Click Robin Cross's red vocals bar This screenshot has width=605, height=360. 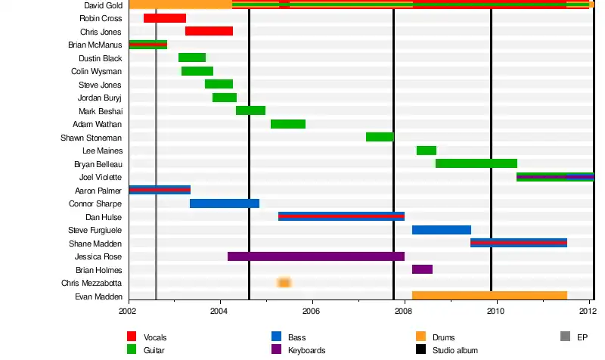pos(165,18)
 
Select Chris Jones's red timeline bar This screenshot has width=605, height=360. pos(209,31)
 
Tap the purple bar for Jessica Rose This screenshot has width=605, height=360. pos(316,256)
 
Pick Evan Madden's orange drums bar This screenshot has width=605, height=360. pos(489,296)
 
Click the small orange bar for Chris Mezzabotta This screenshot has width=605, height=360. pos(284,283)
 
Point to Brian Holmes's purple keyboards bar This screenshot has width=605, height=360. pos(422,269)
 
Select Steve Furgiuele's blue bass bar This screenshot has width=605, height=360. pos(442,230)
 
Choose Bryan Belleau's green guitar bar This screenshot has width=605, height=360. pos(476,163)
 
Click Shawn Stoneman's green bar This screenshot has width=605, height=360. pos(380,137)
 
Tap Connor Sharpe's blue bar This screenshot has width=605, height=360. pos(225,203)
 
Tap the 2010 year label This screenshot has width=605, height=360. pos(496,311)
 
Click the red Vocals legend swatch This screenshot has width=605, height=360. pos(132,337)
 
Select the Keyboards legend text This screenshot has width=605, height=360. pos(307,350)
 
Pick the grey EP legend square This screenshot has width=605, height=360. pos(564,337)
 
